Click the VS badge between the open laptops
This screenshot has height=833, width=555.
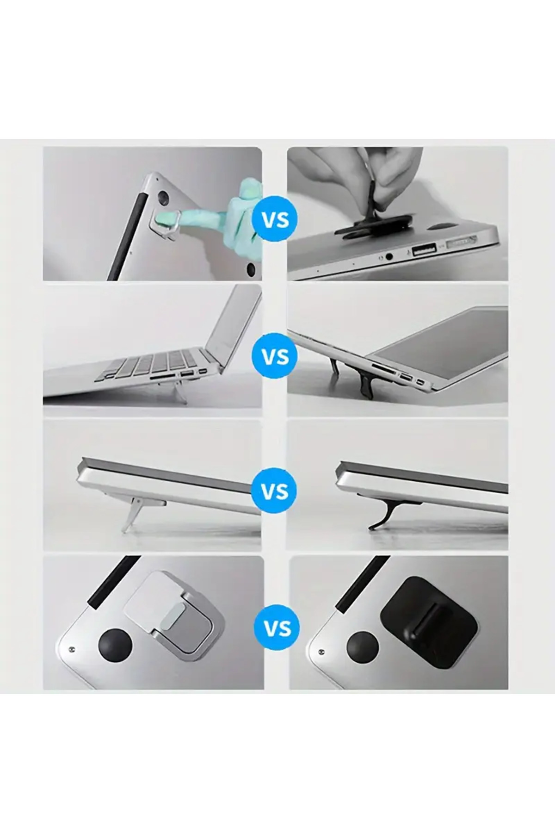[276, 356]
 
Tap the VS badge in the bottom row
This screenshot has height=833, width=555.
[277, 628]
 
